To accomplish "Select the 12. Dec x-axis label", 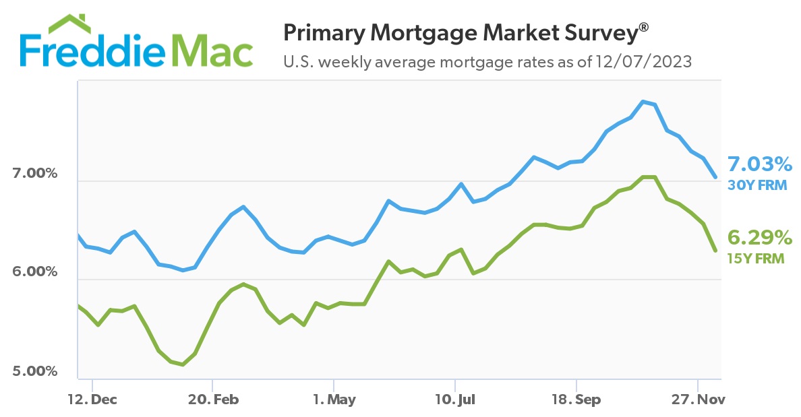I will click(92, 399).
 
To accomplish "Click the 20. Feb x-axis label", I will click(212, 399).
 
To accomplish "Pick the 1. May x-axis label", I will click(334, 399).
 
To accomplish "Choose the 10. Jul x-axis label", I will click(455, 399).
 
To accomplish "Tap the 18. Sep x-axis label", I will click(576, 399).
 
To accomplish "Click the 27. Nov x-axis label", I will click(697, 399).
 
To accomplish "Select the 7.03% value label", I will click(759, 164).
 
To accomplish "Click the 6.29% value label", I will click(759, 237).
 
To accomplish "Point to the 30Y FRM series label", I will click(757, 185).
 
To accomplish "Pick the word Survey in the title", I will click(605, 32).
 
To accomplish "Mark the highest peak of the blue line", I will click(643, 101).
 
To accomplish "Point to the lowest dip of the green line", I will click(183, 364).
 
